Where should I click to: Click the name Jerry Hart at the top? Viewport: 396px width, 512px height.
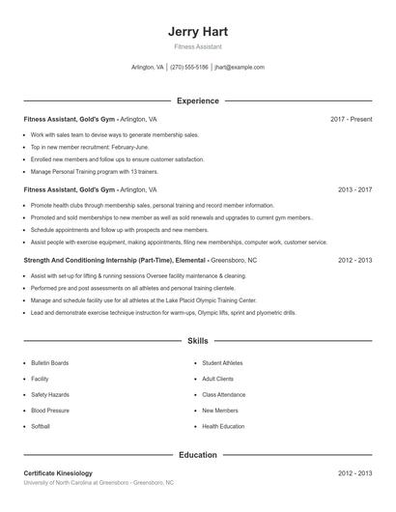tap(197, 32)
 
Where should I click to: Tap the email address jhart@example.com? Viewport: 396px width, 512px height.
tap(239, 68)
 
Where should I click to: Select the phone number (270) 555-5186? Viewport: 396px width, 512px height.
tap(189, 68)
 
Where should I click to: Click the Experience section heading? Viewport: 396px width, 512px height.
tap(197, 100)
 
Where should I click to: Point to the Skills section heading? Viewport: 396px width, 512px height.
tap(197, 341)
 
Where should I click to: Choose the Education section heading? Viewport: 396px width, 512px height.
tap(197, 454)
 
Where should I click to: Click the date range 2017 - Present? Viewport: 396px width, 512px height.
tap(351, 119)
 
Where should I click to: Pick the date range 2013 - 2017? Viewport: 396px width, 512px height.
tap(354, 190)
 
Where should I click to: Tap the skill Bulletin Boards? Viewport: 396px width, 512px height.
tap(50, 363)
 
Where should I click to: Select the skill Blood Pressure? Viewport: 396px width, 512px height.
tap(49, 410)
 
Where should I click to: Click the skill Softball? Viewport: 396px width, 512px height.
tap(41, 426)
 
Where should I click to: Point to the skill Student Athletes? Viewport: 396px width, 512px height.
tap(223, 363)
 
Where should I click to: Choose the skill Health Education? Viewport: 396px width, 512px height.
tap(223, 426)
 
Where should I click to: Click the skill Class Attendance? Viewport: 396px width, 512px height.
tap(223, 394)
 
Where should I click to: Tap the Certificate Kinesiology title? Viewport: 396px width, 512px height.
tap(58, 473)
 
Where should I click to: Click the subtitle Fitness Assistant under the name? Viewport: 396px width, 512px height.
tap(197, 46)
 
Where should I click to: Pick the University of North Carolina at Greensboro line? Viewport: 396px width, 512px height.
tap(99, 482)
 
